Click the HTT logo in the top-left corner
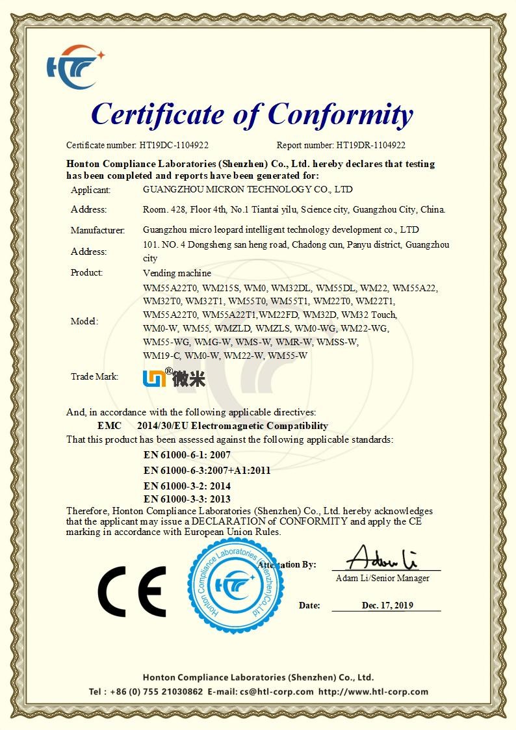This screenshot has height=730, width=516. [x=73, y=66]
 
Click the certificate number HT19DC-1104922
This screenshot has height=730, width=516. [x=174, y=146]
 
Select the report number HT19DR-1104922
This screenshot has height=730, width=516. [x=370, y=146]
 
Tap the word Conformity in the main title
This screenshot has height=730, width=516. [x=341, y=114]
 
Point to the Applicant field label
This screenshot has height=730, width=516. [x=90, y=190]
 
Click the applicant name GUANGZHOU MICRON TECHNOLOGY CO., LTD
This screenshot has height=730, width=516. [x=248, y=189]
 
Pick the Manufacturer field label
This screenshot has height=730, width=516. [x=97, y=229]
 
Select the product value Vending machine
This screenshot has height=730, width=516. [x=177, y=273]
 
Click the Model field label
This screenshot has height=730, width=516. [x=84, y=321]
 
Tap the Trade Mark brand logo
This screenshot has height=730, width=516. [x=174, y=377]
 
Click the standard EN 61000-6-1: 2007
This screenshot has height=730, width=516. [x=187, y=455]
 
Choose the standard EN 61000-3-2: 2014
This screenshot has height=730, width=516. [x=187, y=486]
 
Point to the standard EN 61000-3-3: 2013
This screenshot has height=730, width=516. [x=187, y=499]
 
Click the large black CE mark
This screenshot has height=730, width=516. [x=131, y=592]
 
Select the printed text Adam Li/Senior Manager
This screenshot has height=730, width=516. [x=382, y=578]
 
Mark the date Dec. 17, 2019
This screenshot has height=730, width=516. [x=387, y=605]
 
